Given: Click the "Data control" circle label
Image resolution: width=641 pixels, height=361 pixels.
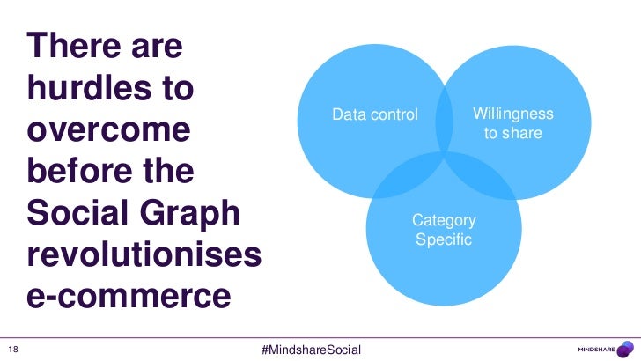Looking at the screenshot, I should click(x=374, y=115).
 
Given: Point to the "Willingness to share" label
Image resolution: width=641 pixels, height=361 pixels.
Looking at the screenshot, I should click(x=512, y=123).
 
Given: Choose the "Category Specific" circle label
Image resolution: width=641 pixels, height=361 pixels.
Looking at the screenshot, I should click(x=444, y=230).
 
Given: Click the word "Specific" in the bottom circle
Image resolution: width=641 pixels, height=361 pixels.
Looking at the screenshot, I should click(x=444, y=239).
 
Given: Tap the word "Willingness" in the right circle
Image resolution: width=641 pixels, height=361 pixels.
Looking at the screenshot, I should click(x=512, y=114).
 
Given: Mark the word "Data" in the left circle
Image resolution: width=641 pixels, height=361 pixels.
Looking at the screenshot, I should click(x=346, y=115).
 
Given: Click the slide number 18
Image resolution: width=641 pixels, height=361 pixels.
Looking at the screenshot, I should click(x=11, y=347).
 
